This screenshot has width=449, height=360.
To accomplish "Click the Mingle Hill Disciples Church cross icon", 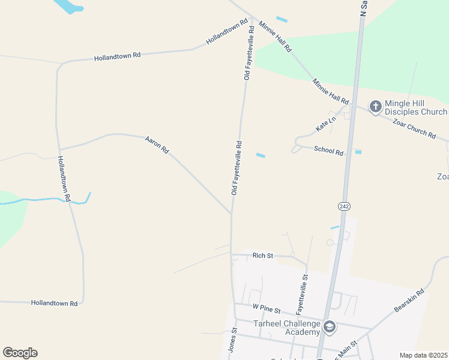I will coord(376,107).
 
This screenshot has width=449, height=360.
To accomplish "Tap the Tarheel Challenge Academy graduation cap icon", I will coord(329,327).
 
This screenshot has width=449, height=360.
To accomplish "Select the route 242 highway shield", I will coord(344,206).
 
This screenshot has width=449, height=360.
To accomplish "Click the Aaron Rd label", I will coord(157,145).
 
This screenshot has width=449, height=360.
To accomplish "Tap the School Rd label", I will coord(328,150).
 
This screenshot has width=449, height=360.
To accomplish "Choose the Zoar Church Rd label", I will coord(414,128).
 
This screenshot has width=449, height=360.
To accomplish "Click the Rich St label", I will coord(262,256).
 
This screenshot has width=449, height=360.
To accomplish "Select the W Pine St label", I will coord(267,308).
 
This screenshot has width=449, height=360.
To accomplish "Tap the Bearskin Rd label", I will coord(409,301).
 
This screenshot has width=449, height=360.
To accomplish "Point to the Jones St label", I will coord(232,340).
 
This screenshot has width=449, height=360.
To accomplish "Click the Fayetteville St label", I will coord(301,295).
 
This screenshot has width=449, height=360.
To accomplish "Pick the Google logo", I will coord(20,352).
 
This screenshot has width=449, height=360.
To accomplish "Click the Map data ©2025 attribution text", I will coord(423,355).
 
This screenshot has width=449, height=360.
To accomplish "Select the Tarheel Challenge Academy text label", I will coord(286,328).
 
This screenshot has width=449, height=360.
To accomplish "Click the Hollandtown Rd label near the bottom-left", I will coord(54,304).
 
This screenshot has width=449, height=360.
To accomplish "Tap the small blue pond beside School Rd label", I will coord(358,152).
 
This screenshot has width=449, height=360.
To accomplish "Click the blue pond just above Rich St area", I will coord(335,227).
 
